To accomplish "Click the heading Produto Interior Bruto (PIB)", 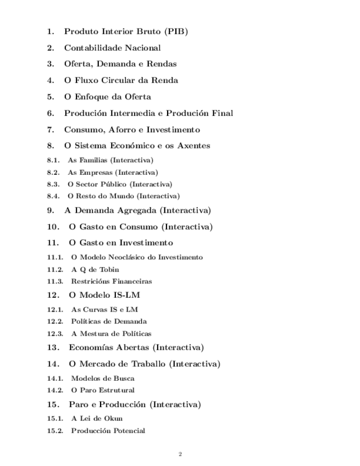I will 126,31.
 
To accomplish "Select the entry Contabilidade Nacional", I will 112,48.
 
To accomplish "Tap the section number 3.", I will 50,64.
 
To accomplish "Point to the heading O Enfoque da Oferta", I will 107,97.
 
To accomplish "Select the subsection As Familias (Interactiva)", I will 110,160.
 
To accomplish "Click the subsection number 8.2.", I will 53,172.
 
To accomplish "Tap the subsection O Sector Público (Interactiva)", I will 119,184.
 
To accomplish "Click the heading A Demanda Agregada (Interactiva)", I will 137,210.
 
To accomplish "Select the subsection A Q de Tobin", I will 95,269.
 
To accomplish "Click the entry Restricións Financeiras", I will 111,281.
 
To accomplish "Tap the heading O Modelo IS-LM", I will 104,295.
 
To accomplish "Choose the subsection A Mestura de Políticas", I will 111,333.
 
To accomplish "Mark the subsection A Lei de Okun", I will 97,418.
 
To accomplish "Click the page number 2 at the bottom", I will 180,454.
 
